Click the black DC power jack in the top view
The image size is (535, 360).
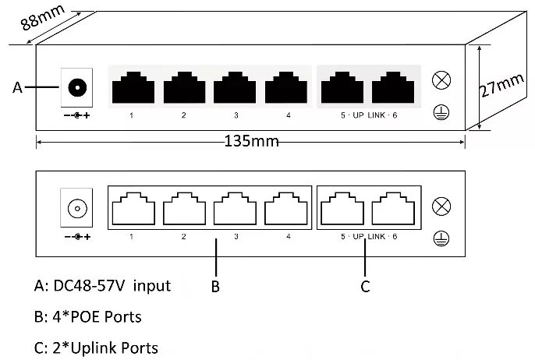coord(76,87)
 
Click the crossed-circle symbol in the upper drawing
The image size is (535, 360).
coord(441,80)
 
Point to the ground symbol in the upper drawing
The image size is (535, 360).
coord(441,111)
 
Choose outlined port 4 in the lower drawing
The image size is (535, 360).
coord(286,208)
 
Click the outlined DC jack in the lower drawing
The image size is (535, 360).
coord(76,209)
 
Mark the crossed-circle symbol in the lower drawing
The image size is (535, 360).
coord(441,206)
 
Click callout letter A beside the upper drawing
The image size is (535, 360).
coord(18,88)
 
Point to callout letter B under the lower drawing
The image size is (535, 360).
coord(215,287)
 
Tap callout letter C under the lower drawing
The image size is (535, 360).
coord(365,287)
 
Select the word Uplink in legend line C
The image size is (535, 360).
coord(97,348)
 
